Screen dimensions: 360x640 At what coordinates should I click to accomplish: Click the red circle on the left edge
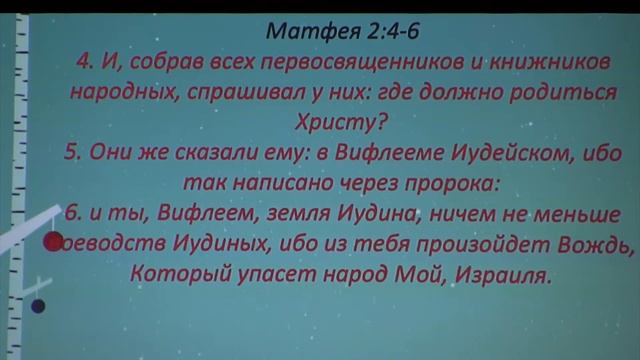(x=53, y=241)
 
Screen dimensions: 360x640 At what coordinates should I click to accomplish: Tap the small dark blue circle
(x=38, y=306)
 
